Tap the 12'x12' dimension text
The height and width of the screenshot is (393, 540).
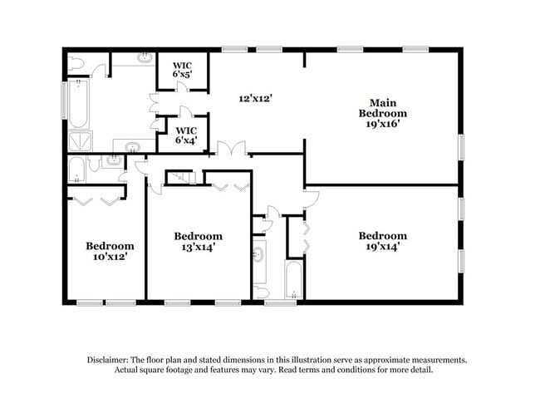coord(256,98)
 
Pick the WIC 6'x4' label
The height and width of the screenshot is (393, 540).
coord(186,135)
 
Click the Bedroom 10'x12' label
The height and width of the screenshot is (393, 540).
coord(110,252)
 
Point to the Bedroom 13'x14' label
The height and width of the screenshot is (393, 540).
coord(198,242)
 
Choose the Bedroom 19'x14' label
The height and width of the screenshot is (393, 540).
coord(382,241)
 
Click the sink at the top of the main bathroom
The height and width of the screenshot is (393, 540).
coord(143,60)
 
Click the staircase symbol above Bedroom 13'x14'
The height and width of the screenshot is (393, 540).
coord(179,177)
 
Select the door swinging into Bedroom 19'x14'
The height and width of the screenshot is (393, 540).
coord(311,196)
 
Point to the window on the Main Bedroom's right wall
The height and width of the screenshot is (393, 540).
coord(461,146)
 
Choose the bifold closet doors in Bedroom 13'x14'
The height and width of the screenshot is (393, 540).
coord(228,185)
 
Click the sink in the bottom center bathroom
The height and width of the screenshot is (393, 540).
coord(259,253)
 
